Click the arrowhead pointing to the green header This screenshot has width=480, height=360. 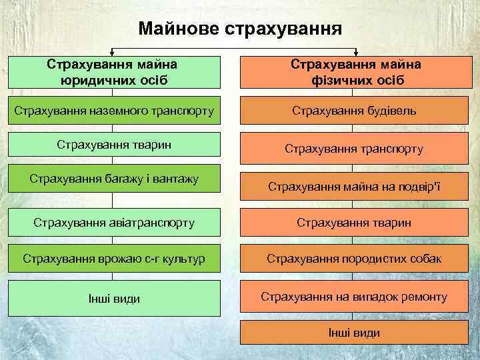[111, 53]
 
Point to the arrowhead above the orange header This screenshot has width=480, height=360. [355, 53]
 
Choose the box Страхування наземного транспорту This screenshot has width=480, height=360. [113, 110]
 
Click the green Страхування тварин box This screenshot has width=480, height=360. [113, 144]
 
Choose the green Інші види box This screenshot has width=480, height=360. [113, 298]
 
